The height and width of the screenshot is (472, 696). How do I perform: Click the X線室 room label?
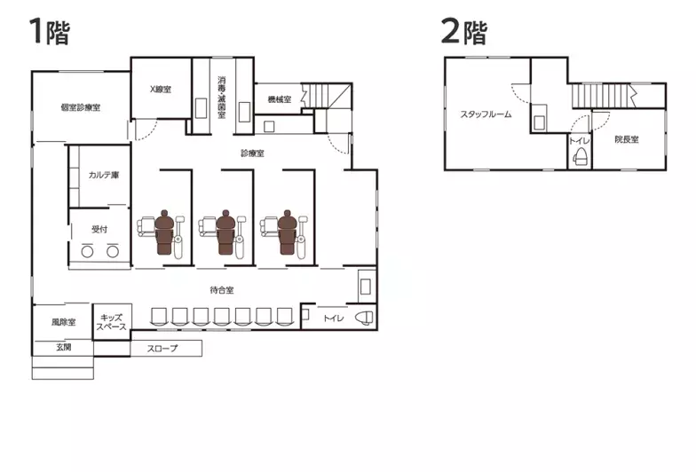pos(160,89)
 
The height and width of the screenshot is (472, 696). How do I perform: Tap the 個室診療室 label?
pos(80,107)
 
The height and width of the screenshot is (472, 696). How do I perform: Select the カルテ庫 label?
pos(103,175)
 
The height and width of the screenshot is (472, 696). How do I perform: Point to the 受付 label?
pos(99,229)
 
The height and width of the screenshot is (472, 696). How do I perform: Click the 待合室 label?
pos(222,291)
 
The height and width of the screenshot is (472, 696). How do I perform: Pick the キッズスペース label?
pos(112,322)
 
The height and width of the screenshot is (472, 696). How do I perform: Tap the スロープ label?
pos(162,349)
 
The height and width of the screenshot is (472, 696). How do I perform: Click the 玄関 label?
pos(64,347)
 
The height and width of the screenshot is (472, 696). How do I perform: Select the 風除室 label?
pos(64,322)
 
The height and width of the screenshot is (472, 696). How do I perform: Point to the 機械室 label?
pos(279,99)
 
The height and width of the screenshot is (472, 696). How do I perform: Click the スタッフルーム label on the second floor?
pos(486,114)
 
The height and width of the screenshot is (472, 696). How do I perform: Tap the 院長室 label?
pos(627,139)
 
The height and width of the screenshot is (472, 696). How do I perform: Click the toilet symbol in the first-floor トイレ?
pos(364,318)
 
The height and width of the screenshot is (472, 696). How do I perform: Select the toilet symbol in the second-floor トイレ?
pos(581,156)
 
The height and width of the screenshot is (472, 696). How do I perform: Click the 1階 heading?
pos(50,31)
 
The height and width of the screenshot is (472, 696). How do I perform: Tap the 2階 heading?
pos(464,31)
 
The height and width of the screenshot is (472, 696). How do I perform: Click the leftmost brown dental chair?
pos(163,232)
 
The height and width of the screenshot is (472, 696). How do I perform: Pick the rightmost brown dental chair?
pos(287,232)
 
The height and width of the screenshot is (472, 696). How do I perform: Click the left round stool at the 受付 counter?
pos(87,252)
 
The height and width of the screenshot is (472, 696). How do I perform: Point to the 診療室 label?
pos(252,153)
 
